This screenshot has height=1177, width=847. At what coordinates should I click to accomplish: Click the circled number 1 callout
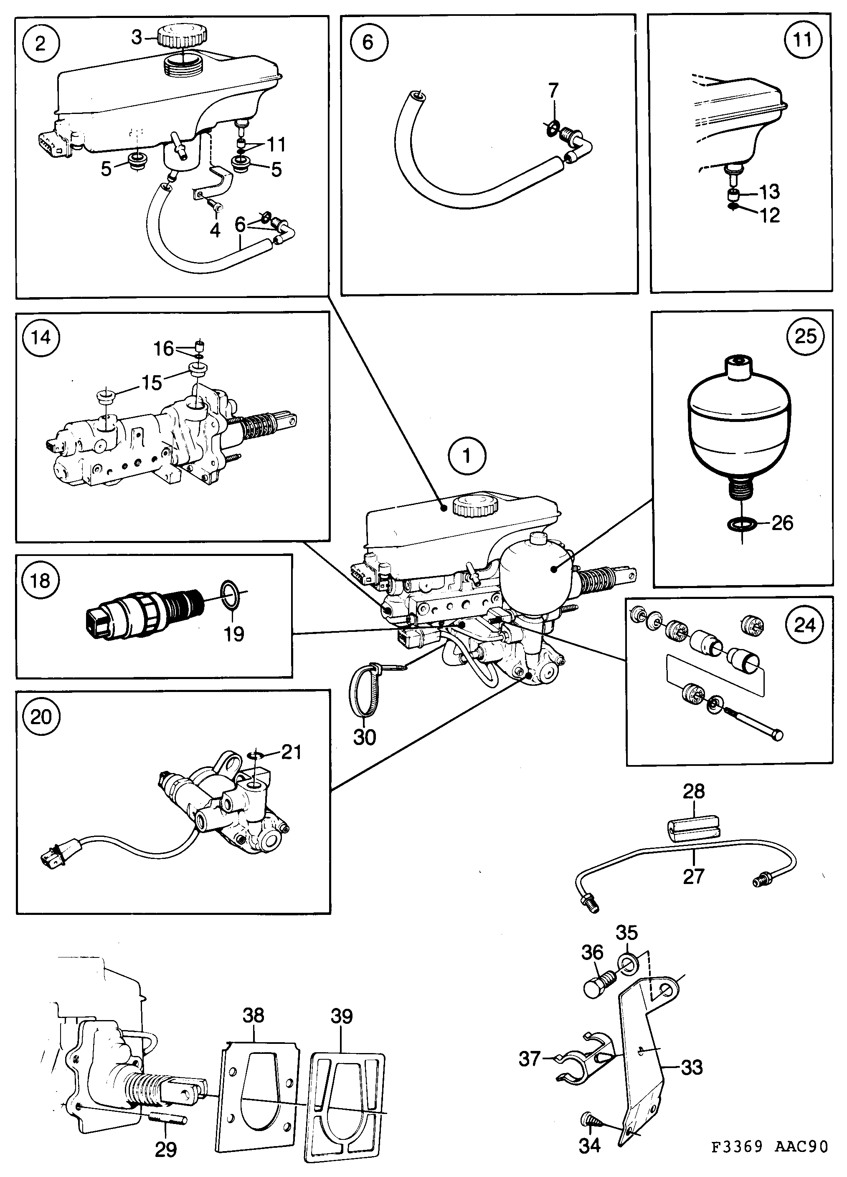[x=467, y=456]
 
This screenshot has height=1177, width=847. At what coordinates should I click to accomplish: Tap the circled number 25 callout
[x=805, y=336]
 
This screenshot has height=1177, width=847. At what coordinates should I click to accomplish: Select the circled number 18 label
[x=41, y=580]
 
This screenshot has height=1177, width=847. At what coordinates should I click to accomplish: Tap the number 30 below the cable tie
[x=364, y=736]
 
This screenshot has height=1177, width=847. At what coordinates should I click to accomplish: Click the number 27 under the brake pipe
[x=693, y=876]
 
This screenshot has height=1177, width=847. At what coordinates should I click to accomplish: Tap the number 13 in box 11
[x=770, y=192]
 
